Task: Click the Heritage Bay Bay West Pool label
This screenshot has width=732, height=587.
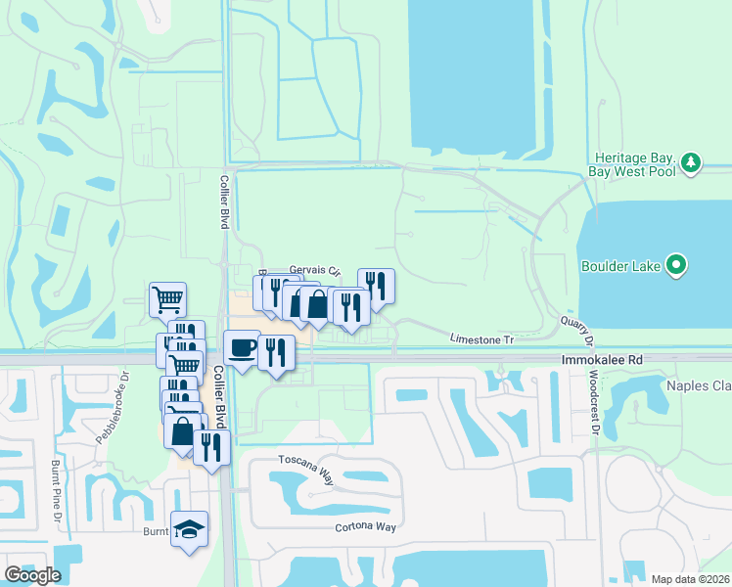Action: click(633, 162)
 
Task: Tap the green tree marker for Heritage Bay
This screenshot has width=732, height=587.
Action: click(692, 162)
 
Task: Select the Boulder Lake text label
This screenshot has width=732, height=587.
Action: click(620, 264)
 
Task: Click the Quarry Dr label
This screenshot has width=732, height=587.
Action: click(576, 331)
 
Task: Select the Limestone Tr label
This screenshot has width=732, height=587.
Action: click(481, 339)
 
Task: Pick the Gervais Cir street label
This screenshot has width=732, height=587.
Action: click(314, 271)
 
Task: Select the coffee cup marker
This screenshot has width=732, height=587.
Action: click(242, 348)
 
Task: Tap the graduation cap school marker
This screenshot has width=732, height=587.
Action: click(190, 529)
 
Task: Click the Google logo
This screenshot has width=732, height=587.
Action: click(31, 575)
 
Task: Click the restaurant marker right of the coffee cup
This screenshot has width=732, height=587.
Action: click(277, 352)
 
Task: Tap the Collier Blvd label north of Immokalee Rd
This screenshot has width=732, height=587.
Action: click(224, 203)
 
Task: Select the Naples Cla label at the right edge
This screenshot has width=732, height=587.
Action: click(699, 386)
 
